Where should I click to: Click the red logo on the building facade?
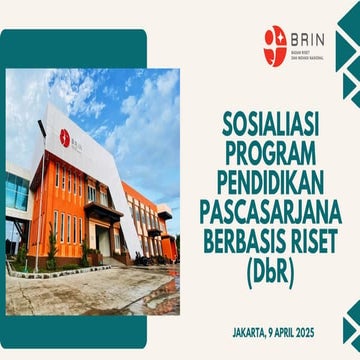point(64,137)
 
